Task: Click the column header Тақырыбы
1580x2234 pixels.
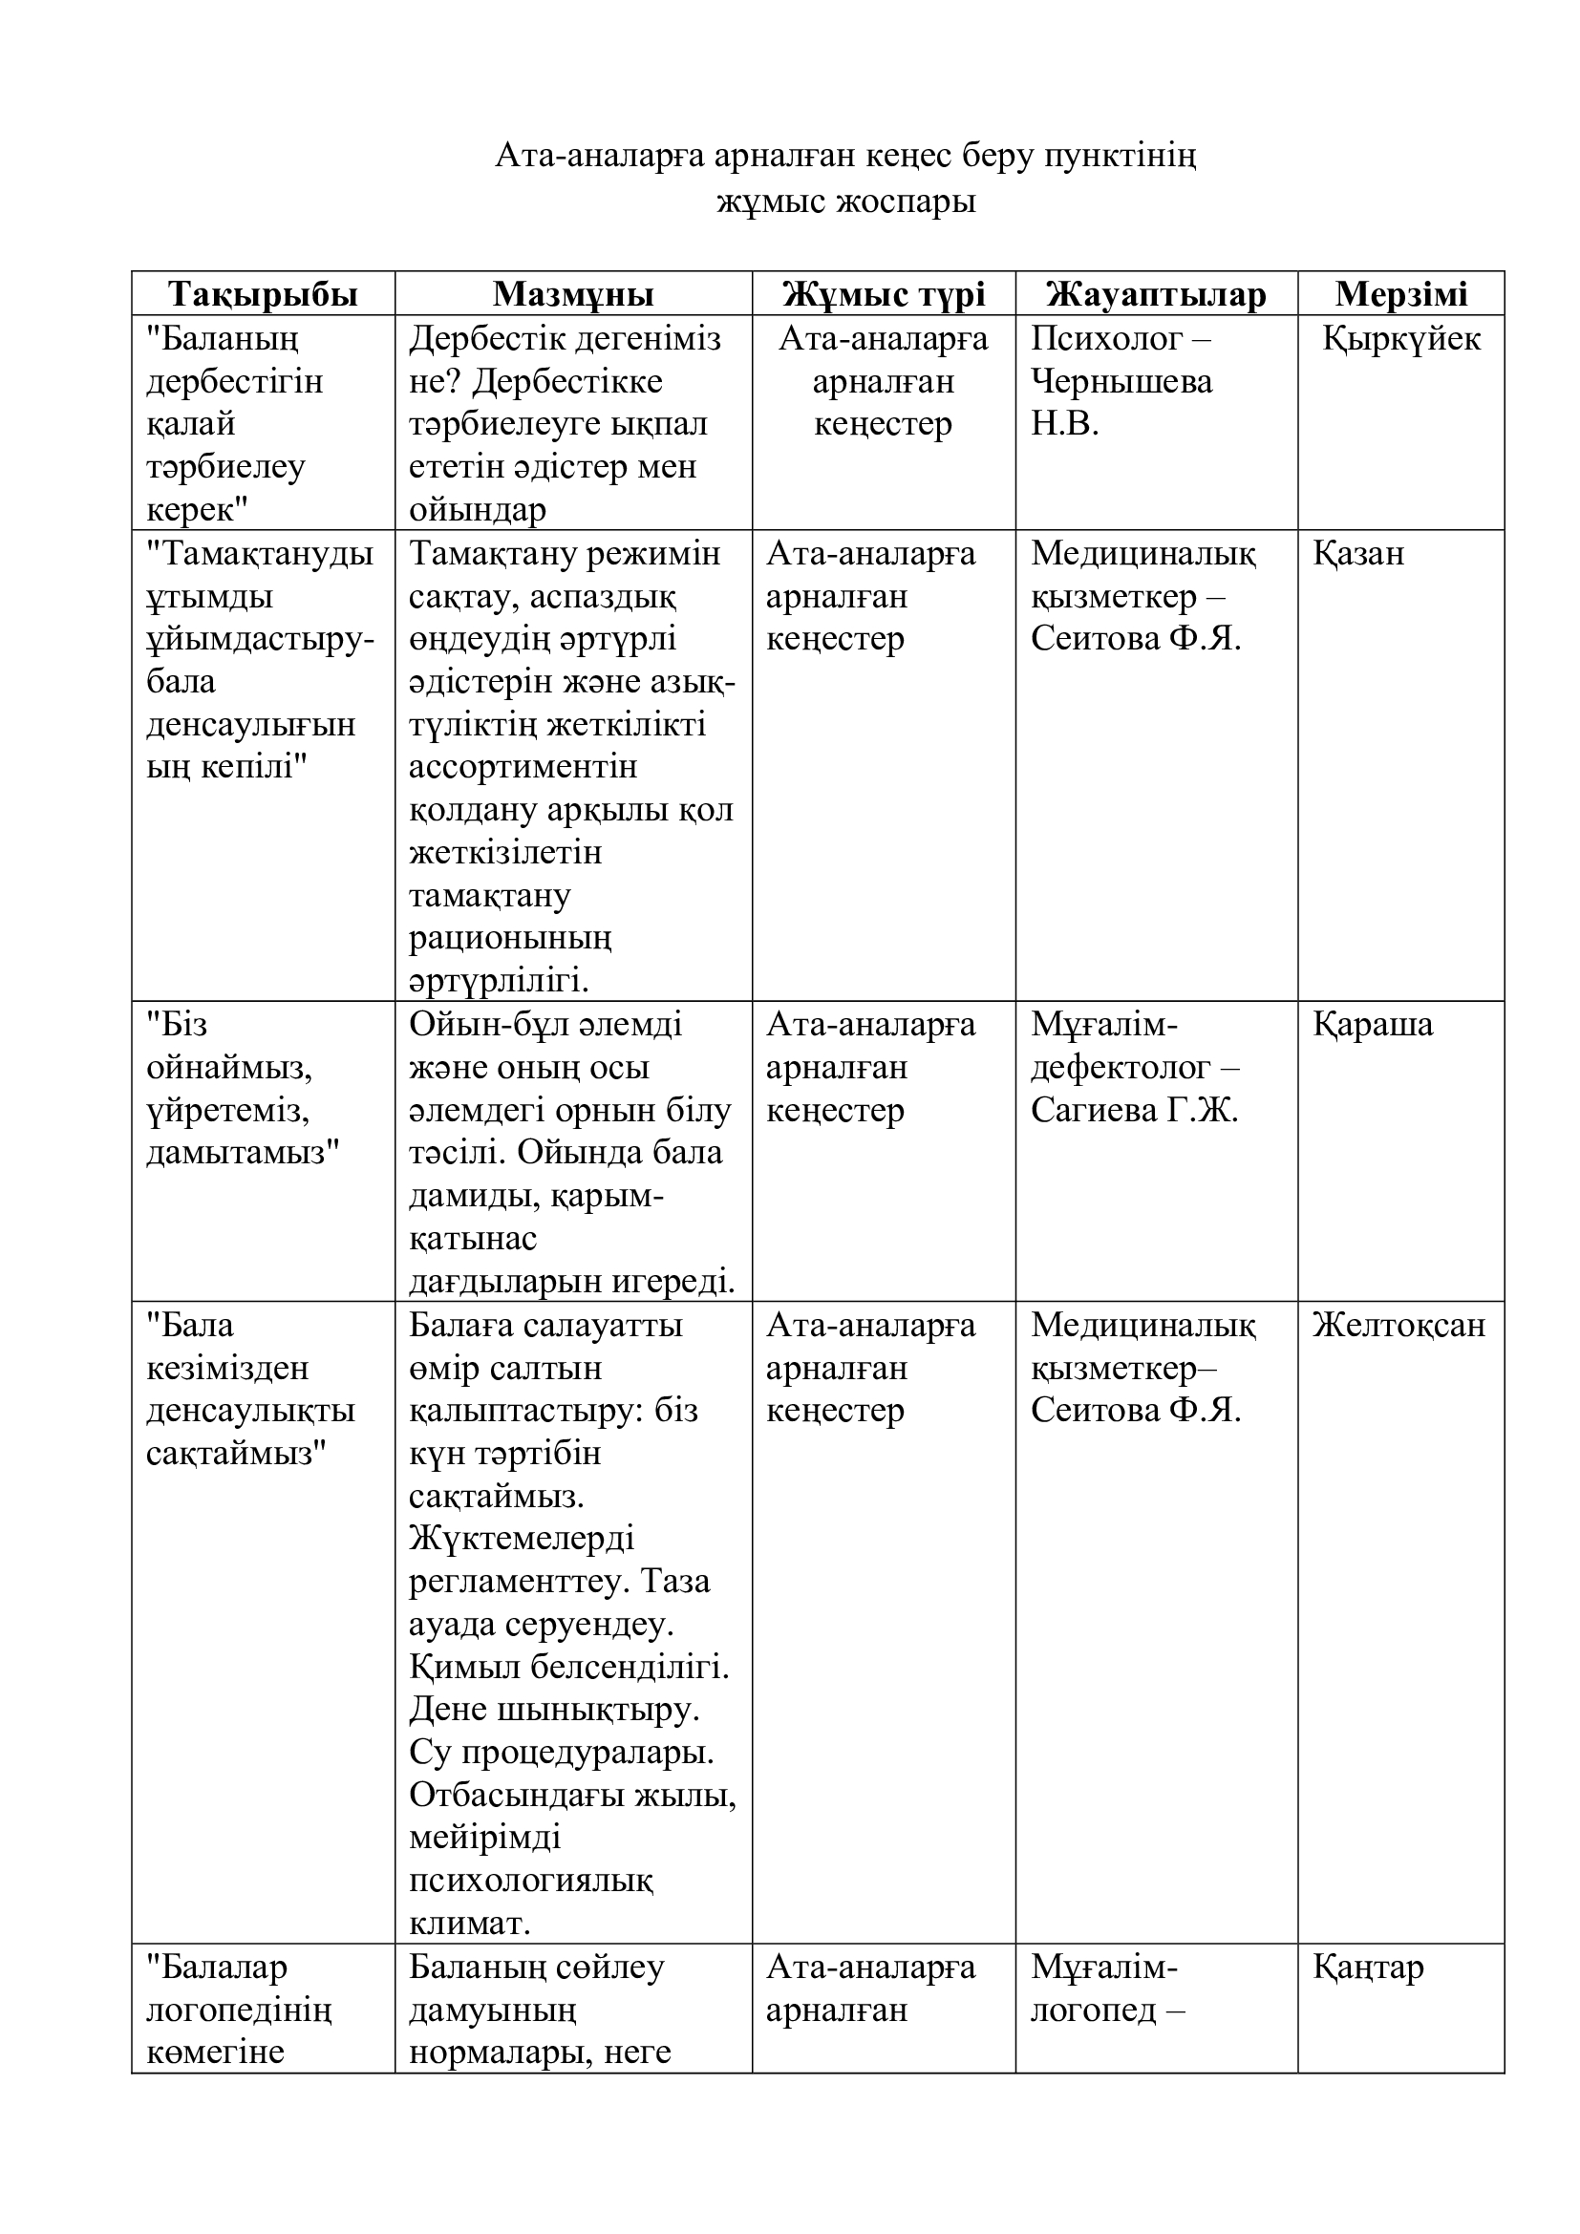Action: (263, 294)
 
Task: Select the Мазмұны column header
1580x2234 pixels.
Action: (573, 294)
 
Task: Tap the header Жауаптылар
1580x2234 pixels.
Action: (1156, 294)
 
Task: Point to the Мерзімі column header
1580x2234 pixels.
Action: (1401, 294)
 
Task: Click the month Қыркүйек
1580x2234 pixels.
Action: (1401, 339)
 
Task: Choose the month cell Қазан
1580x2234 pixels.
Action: (1358, 554)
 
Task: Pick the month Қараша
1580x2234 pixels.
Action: (1373, 1025)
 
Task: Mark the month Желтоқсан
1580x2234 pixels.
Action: (1399, 1326)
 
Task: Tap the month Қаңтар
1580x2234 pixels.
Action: (1368, 1968)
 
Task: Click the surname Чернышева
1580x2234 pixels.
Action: (1121, 381)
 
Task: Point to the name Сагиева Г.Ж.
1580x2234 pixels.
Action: (1135, 1110)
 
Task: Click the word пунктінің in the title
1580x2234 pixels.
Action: (1120, 156)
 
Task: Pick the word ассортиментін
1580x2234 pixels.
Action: (523, 767)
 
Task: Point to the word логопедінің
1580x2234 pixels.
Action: (240, 2010)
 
